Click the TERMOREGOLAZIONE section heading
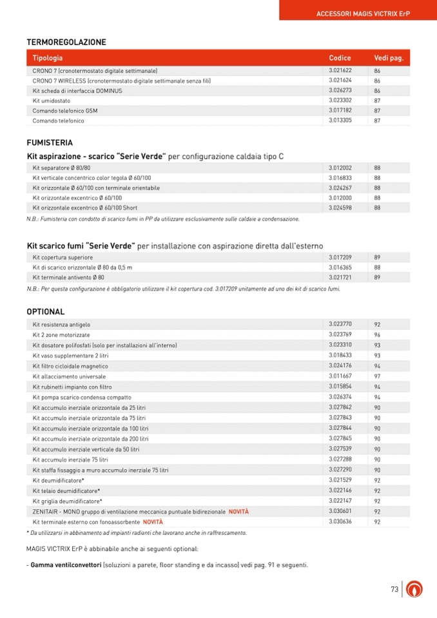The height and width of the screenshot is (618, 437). tap(66, 43)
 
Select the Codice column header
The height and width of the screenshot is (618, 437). tap(340, 58)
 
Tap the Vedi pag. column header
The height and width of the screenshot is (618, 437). tap(389, 58)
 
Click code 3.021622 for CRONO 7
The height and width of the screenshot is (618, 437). tap(340, 70)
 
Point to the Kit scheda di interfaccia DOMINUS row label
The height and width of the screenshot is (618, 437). tap(77, 91)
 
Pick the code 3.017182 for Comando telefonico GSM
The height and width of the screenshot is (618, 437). tap(340, 111)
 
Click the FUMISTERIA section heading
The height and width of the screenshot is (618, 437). tap(50, 142)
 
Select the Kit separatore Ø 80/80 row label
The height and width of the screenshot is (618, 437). tap(62, 168)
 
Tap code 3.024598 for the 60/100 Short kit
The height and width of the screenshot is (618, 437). tap(340, 208)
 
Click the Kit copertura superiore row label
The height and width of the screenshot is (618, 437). tap(63, 257)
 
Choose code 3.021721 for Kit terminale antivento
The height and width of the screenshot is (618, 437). tap(340, 277)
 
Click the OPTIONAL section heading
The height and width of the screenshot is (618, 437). tap(46, 312)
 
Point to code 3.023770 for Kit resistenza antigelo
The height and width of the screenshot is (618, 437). tap(340, 324)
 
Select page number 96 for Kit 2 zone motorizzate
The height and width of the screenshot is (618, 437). tap(378, 335)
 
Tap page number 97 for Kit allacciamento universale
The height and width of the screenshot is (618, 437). tap(378, 376)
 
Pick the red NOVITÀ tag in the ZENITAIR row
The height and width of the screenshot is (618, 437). tap(238, 511)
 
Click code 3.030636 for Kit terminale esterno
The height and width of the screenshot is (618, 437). tap(340, 521)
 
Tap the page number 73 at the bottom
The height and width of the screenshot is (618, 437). tap(395, 589)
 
